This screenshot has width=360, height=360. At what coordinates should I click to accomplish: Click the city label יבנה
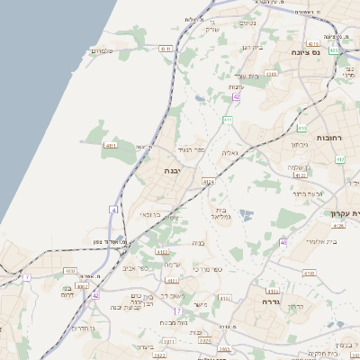click(173, 169)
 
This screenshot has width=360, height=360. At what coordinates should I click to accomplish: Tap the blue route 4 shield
click(114, 209)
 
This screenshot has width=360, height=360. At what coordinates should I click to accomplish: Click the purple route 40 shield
click(283, 242)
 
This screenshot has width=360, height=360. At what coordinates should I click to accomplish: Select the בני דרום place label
click(67, 292)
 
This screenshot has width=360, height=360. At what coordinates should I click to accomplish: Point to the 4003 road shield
click(83, 286)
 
